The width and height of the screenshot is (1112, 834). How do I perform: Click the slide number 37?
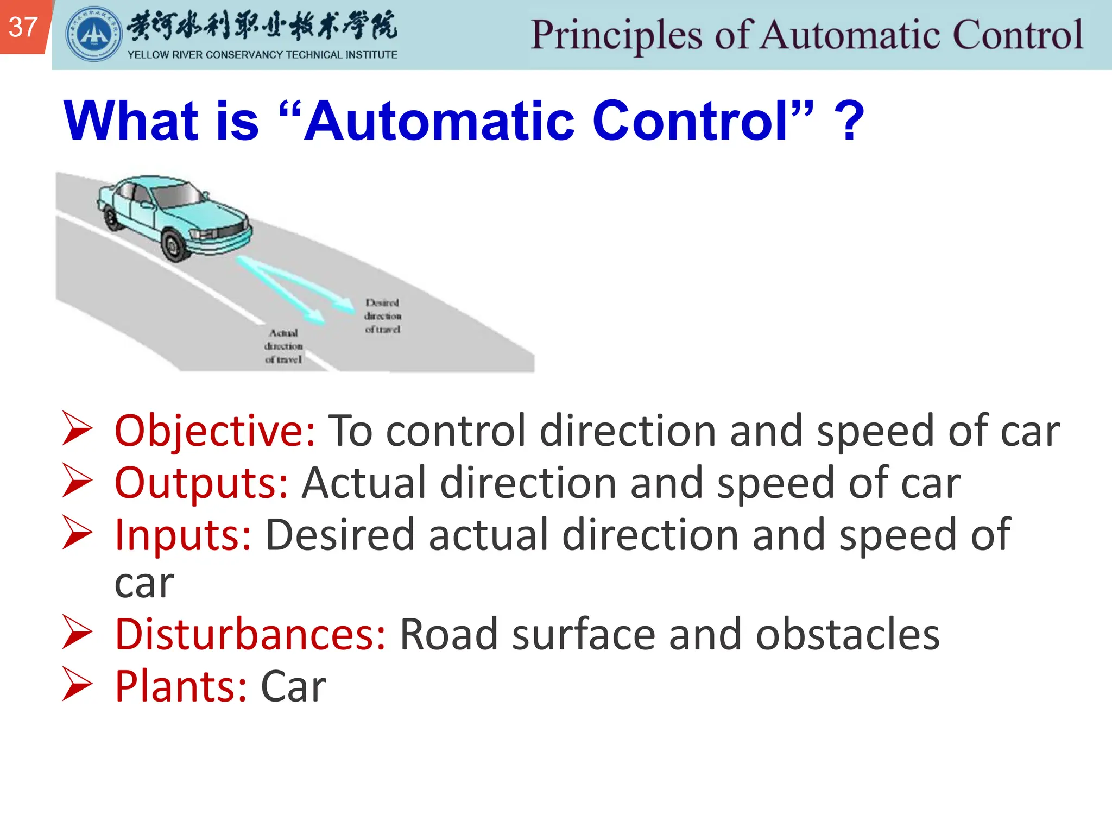23,27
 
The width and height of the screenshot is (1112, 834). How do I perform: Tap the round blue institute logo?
93,34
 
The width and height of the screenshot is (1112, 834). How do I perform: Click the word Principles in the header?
616,36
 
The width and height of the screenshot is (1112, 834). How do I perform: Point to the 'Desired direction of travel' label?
383,315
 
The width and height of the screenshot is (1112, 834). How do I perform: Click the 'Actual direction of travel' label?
283,346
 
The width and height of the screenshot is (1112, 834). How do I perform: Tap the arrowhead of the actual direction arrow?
315,317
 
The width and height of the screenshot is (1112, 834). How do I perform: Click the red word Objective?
215,431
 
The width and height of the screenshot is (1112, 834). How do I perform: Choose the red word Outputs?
201,483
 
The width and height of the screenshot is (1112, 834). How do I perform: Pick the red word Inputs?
184,535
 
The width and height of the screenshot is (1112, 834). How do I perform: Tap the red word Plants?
181,687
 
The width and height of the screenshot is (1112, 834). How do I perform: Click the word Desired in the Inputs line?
340,535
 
